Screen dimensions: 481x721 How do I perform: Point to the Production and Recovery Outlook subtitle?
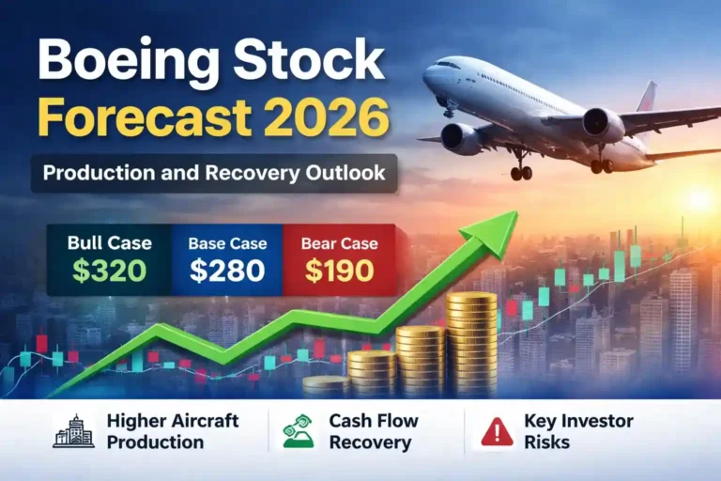tap(214, 174)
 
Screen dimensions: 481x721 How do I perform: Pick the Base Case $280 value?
tap(226, 271)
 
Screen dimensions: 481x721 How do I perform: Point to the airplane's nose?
tap(428, 76)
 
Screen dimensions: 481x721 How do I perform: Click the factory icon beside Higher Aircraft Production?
tap(74, 430)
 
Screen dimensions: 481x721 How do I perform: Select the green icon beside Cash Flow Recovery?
tap(299, 430)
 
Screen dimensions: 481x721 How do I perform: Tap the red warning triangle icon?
tap(497, 431)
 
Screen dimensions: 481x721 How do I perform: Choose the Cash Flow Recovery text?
tap(373, 430)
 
